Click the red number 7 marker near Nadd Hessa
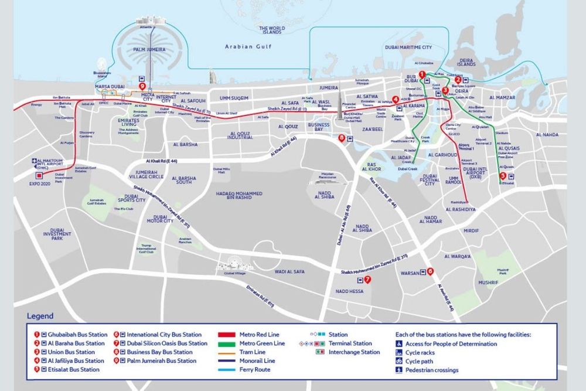point(367,280)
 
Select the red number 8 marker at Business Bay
point(342,138)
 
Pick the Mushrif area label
point(488,283)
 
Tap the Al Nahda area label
point(547,134)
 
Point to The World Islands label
point(271,30)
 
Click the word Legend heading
point(40,316)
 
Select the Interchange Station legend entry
point(353,352)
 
